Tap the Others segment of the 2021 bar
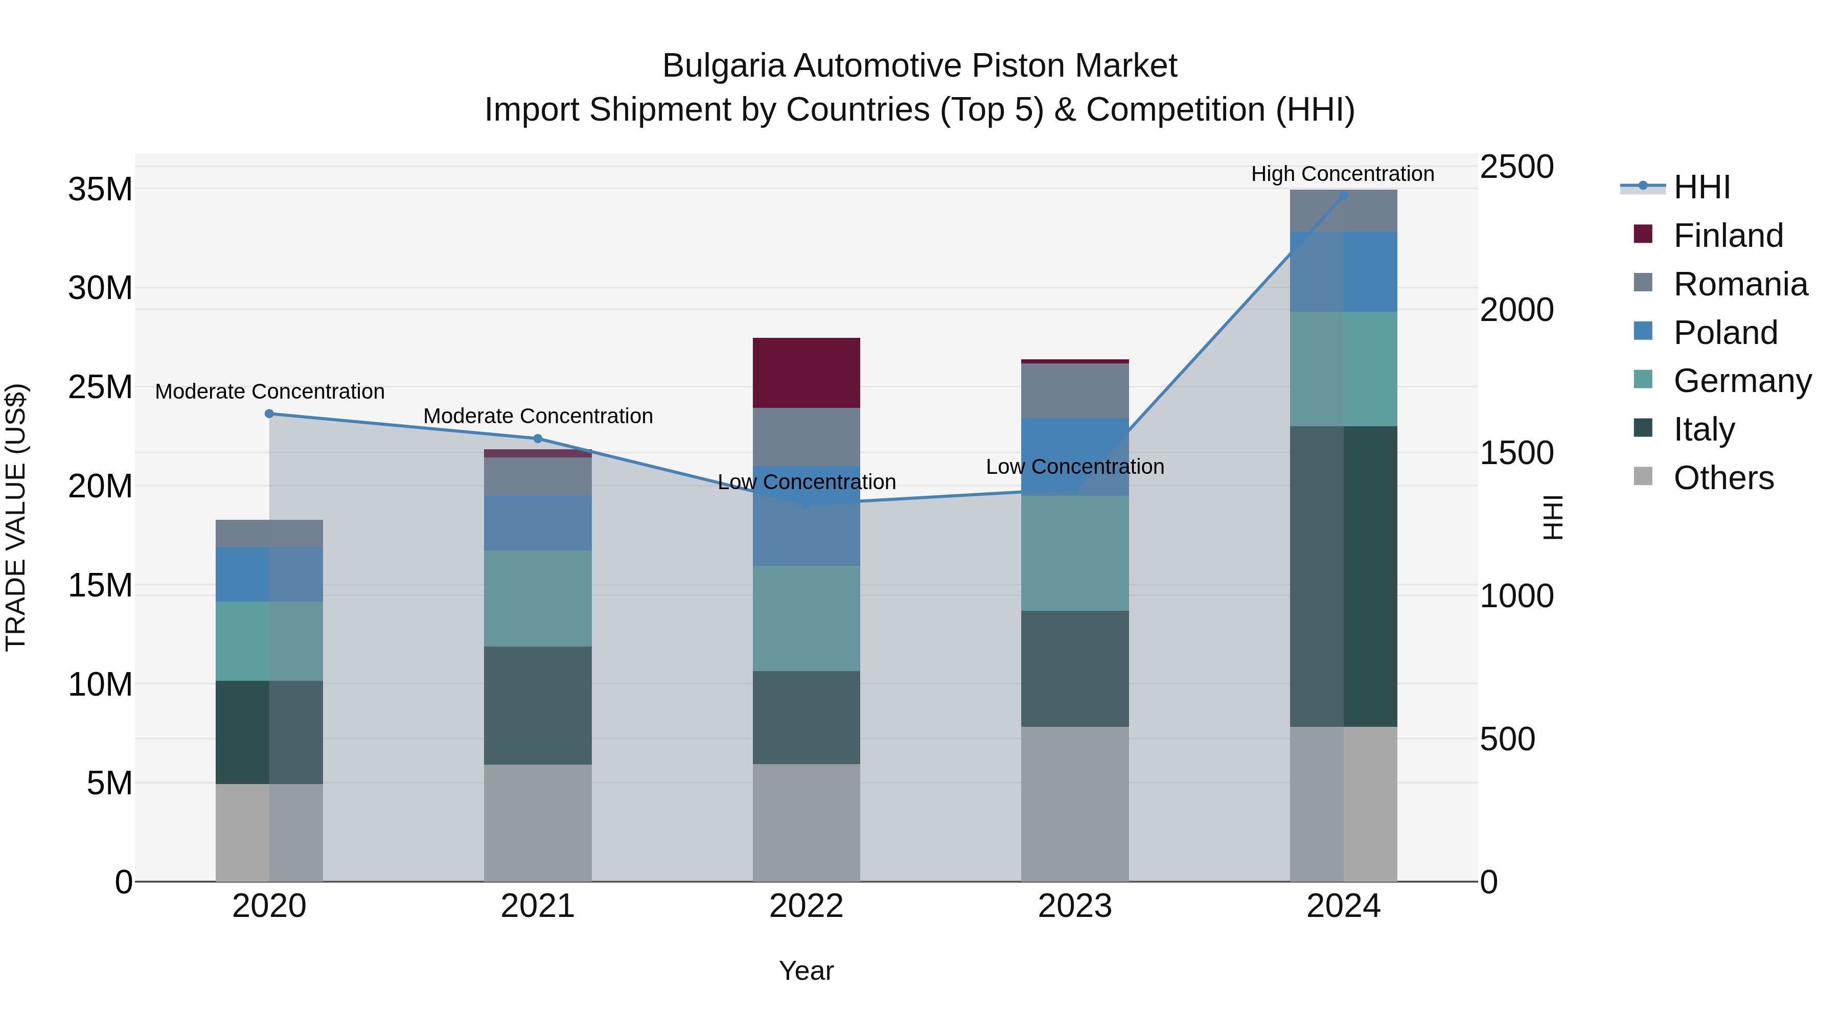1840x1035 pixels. coord(537,822)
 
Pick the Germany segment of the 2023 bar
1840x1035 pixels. coord(1074,553)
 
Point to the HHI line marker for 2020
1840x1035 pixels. coord(269,413)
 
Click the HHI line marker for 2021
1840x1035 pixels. coord(538,439)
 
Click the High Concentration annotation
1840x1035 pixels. coord(1342,174)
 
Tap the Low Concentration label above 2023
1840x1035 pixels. coord(1074,467)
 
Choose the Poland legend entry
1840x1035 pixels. coord(1724,333)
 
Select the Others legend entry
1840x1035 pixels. coord(1723,478)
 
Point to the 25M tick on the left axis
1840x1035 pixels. coord(100,387)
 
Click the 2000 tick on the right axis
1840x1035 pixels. coord(1516,310)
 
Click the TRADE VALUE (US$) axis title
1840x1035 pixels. coord(16,517)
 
